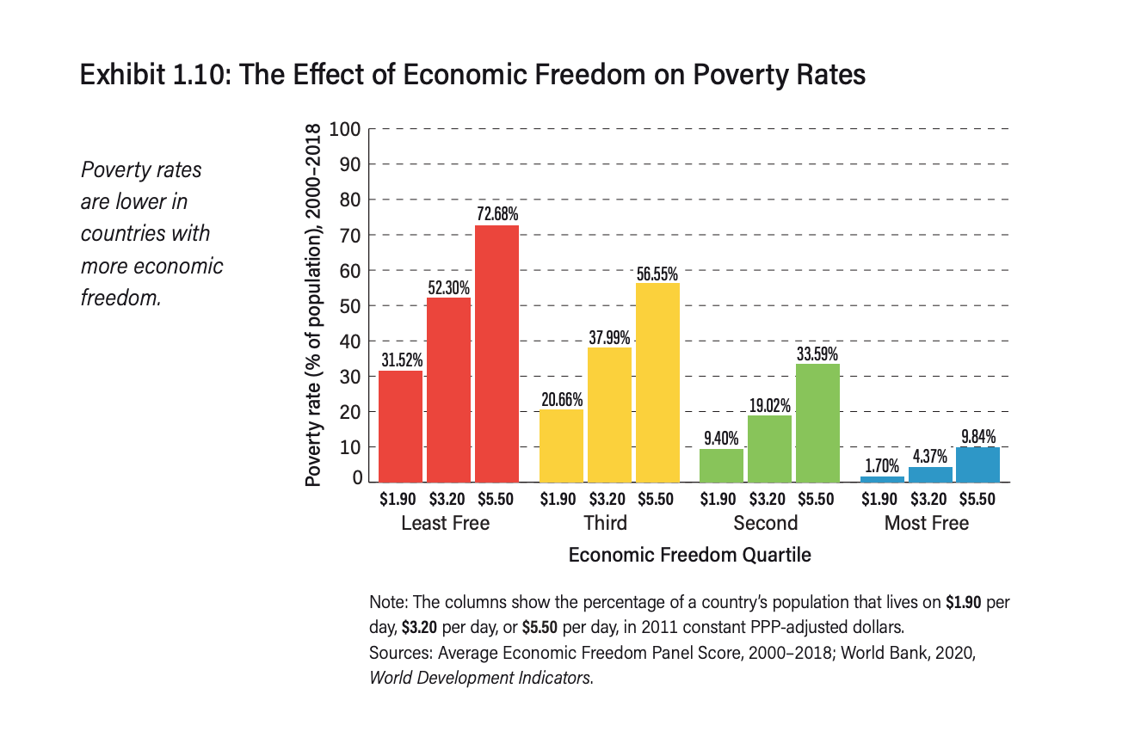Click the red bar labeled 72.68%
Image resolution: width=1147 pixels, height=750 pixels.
coord(496,353)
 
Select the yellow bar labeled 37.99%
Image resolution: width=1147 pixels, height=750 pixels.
coord(609,414)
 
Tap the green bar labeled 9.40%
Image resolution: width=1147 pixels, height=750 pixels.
coord(721,464)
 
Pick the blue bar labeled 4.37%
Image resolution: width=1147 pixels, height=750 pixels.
coord(930,474)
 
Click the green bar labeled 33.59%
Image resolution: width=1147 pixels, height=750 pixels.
coord(817,422)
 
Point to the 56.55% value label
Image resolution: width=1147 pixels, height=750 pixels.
coord(657,274)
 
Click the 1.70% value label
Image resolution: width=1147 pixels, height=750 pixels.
coord(882,466)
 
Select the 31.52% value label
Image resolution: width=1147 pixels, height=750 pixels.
coord(401,360)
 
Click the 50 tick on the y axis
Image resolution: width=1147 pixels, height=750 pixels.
coord(348,306)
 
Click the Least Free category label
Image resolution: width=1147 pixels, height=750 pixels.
coord(445,523)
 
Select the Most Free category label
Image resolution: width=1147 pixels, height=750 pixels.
coord(926,523)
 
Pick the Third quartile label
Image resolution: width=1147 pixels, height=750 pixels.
coord(605,523)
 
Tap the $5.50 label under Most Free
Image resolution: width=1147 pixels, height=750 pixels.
coord(977,499)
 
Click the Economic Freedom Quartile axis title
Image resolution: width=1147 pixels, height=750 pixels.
coord(689,555)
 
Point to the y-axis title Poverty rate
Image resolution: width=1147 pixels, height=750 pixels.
coord(314,305)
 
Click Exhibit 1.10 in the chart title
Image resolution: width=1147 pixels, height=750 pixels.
coord(151,75)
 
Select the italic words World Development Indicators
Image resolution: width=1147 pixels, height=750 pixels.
coord(479,677)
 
